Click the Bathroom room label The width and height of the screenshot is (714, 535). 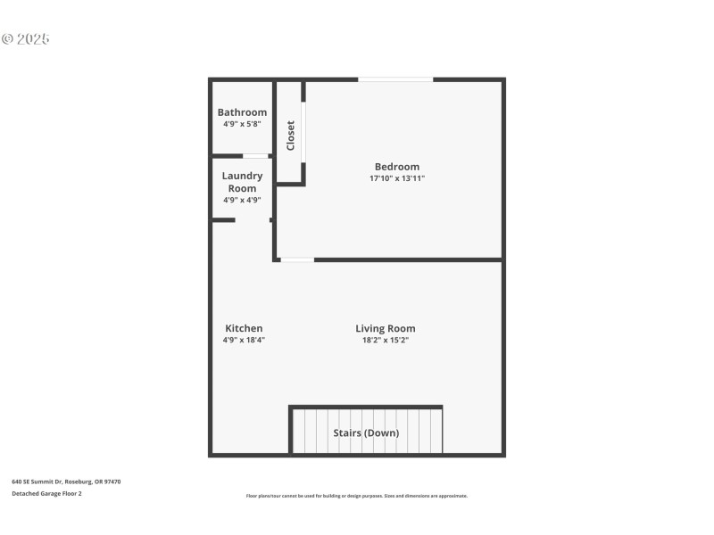[x=242, y=112]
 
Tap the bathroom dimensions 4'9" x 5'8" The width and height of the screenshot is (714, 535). [x=242, y=125]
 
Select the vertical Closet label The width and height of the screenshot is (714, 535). [x=290, y=136]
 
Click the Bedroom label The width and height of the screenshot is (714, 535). [x=396, y=167]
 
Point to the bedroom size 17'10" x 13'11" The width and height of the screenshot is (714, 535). [x=396, y=178]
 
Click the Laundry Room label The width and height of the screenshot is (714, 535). [x=242, y=182]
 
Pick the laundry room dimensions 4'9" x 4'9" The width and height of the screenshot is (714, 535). [x=242, y=200]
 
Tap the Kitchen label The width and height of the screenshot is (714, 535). [x=244, y=328]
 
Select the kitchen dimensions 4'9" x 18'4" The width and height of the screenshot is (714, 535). [x=244, y=340]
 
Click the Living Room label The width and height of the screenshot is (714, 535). [x=386, y=328]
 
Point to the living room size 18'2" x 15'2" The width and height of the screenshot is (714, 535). [x=386, y=340]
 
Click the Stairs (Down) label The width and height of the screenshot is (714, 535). [x=366, y=433]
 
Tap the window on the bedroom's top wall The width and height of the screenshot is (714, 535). [x=395, y=80]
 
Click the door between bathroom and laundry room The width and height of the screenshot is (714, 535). [x=255, y=156]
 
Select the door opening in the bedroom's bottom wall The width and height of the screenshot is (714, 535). [x=296, y=259]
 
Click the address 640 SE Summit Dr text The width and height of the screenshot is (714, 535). [x=66, y=481]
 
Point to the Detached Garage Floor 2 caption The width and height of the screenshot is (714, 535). [x=46, y=493]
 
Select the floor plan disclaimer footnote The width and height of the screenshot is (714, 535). [x=357, y=496]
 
